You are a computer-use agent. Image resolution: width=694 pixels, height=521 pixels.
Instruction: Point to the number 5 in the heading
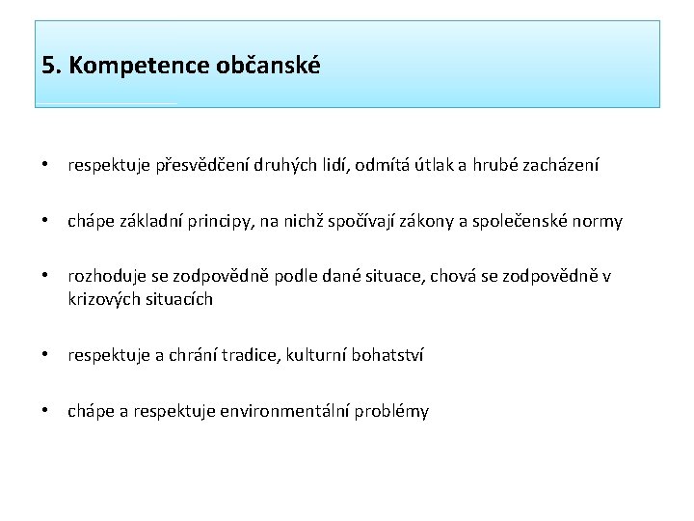pos(48,67)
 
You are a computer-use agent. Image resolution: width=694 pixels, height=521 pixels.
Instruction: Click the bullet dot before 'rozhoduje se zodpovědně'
pos(46,278)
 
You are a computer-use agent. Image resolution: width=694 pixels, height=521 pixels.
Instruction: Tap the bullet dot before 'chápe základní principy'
pos(46,222)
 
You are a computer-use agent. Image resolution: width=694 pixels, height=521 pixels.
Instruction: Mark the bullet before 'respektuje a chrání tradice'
pos(46,355)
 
